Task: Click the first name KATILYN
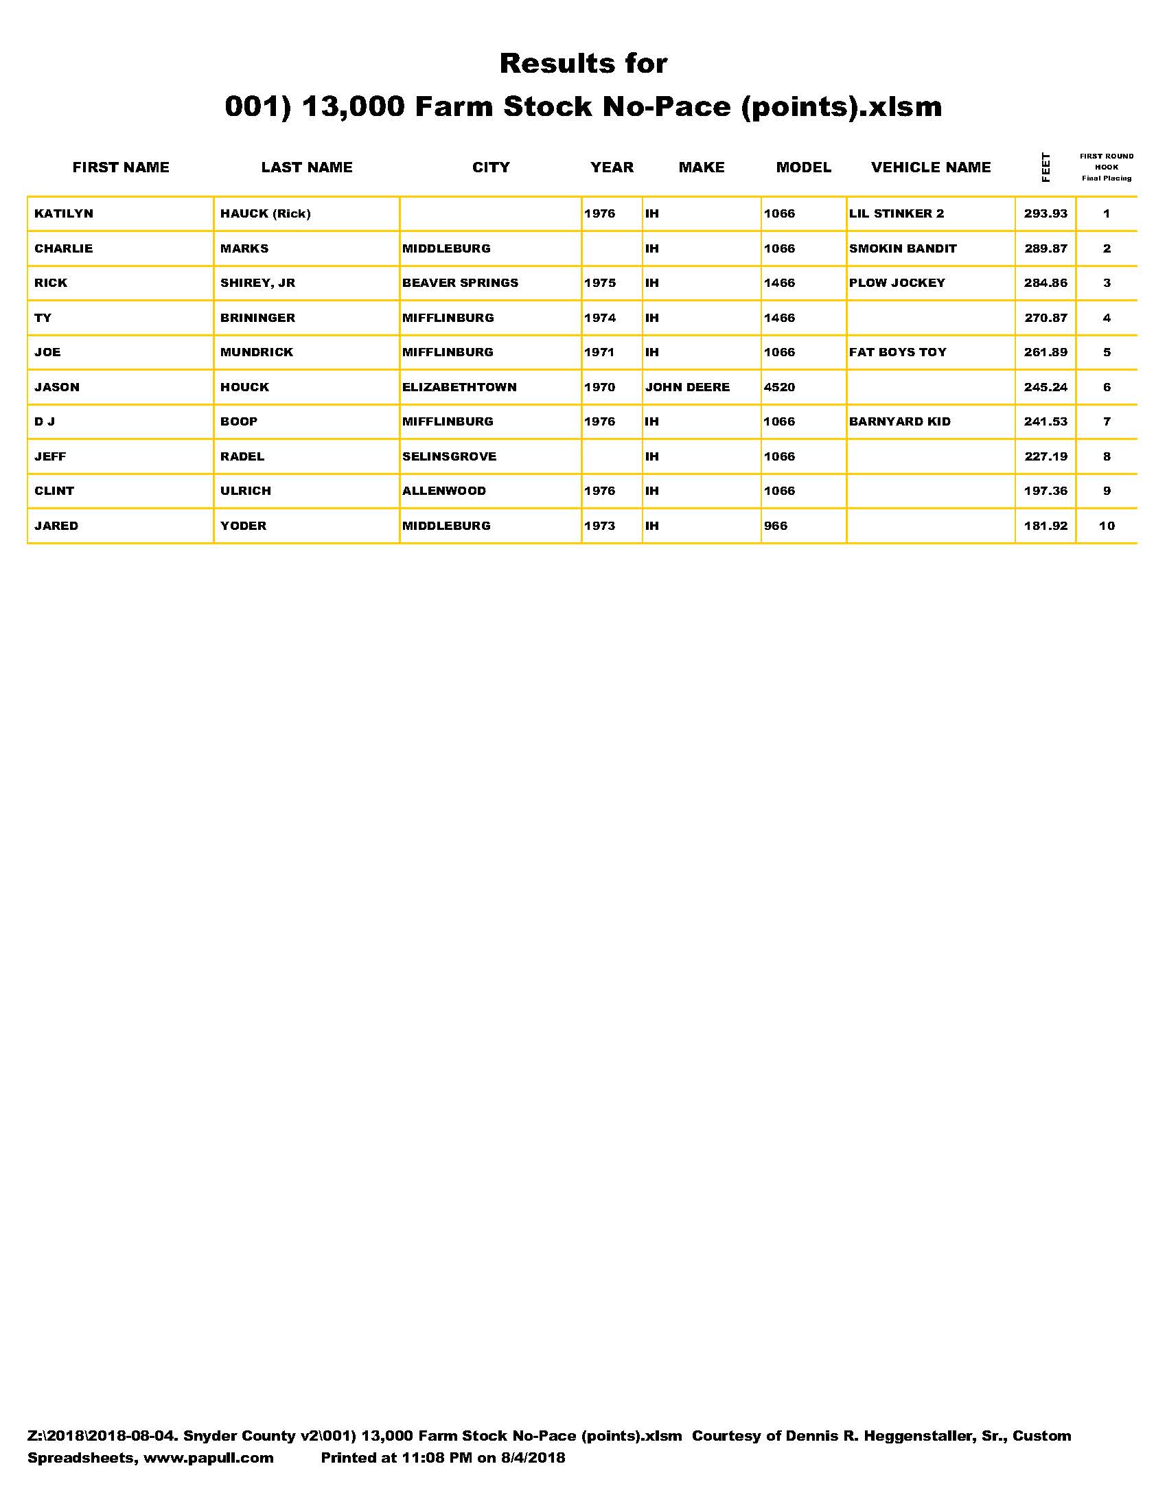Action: [64, 213]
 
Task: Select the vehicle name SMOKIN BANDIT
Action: [902, 248]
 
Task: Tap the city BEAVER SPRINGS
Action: [460, 283]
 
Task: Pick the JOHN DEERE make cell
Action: [687, 387]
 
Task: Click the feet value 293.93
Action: [1045, 213]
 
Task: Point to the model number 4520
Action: [779, 387]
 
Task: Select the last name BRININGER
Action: [257, 318]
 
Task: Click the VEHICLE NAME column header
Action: [931, 167]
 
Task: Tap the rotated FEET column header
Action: [1045, 167]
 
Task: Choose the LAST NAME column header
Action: [306, 167]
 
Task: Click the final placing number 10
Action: [1106, 526]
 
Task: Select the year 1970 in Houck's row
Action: [599, 387]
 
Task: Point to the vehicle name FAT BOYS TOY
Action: [897, 353]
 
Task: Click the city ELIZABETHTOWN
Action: [459, 387]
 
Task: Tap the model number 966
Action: [775, 526]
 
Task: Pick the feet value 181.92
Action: [1045, 526]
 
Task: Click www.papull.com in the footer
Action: [208, 1457]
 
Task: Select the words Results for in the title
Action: [583, 64]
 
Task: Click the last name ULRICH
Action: [246, 491]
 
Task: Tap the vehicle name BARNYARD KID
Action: [899, 421]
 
